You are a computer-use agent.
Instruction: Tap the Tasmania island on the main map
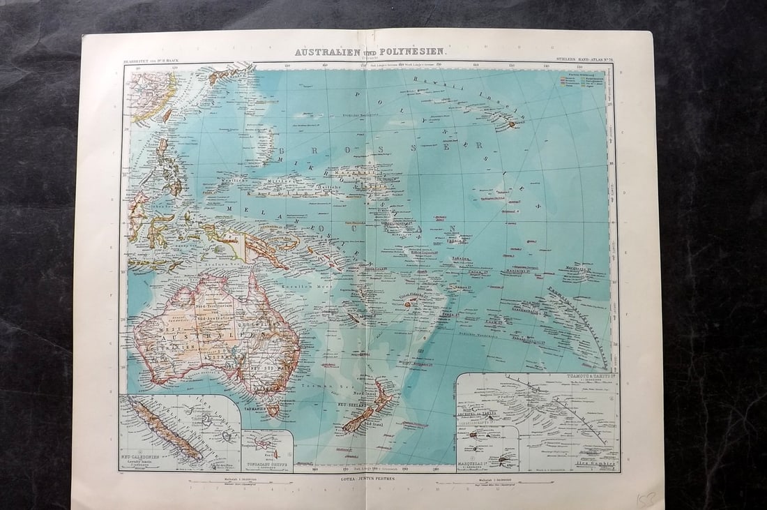273,410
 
